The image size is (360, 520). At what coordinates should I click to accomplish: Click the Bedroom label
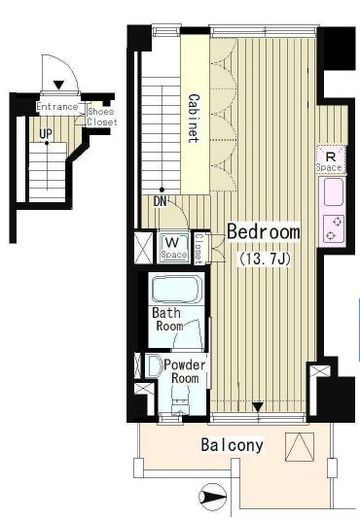[263, 232]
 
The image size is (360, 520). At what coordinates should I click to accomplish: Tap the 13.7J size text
[264, 258]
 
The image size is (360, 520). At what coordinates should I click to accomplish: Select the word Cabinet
[194, 118]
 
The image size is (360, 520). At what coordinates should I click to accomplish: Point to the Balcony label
[232, 445]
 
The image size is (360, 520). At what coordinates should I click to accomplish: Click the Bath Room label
[168, 319]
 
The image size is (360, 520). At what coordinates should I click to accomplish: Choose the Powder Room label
[185, 371]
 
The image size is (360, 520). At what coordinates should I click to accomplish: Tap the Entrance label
[57, 107]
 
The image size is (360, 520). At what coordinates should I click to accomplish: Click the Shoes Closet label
[102, 117]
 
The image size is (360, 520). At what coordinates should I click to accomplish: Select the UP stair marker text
[46, 134]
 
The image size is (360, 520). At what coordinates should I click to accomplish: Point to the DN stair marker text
[160, 202]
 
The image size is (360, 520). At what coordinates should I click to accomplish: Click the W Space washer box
[173, 247]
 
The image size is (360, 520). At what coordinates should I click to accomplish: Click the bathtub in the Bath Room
[177, 288]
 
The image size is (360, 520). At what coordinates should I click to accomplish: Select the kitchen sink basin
[333, 192]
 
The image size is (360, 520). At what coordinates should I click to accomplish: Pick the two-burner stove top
[334, 229]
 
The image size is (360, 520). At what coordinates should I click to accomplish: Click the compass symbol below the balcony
[212, 497]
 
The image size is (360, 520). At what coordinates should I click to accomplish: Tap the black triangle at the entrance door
[59, 85]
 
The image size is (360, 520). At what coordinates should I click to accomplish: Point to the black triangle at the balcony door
[258, 407]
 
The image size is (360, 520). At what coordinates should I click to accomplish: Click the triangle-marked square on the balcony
[300, 447]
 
